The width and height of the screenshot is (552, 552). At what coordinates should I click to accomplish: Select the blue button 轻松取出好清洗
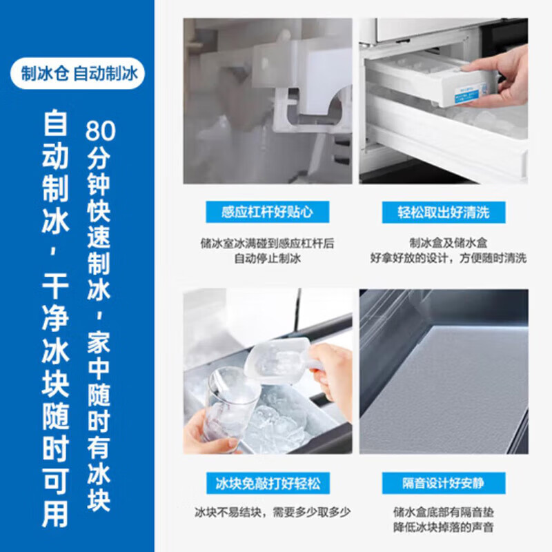click(x=444, y=212)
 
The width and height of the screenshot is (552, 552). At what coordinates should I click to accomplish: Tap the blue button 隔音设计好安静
click(x=444, y=482)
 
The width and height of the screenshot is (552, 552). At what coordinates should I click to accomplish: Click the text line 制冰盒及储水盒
click(x=444, y=243)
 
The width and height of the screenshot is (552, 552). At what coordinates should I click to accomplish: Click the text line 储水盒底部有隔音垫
click(x=444, y=513)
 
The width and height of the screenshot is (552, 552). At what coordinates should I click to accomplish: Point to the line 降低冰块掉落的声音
click(x=444, y=528)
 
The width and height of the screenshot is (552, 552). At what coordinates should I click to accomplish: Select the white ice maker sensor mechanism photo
click(x=268, y=101)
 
